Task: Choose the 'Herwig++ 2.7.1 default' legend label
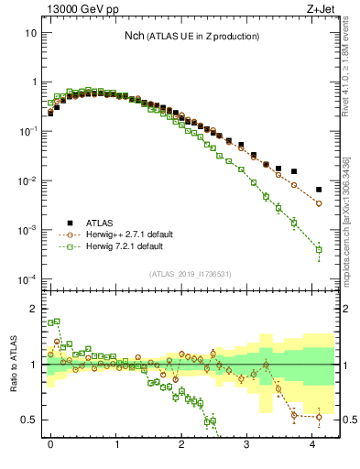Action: tap(135, 234)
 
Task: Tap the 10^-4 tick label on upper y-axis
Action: tap(27, 278)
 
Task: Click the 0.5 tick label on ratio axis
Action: tap(28, 420)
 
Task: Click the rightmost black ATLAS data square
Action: tap(319, 190)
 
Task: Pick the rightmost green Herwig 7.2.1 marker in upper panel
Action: tap(319, 249)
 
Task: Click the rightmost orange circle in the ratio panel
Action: tap(319, 418)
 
